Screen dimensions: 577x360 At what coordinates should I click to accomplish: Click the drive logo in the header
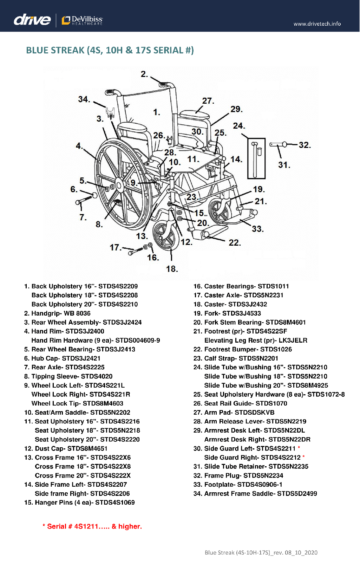point(32,20)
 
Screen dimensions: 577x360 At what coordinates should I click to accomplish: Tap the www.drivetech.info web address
point(317,24)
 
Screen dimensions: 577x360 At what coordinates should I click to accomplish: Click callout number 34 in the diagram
point(84,99)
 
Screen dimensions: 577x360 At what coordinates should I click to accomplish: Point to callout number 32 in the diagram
point(305,145)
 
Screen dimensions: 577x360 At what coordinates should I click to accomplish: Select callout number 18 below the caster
point(172,269)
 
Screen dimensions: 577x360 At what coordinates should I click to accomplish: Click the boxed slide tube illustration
point(256,158)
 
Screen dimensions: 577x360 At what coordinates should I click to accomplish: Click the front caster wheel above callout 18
point(164,235)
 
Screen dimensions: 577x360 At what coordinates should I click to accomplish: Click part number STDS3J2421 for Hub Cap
point(81,358)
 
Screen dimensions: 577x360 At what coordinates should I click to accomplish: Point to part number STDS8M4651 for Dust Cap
point(87,449)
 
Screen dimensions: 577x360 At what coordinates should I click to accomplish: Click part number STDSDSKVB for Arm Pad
point(255,413)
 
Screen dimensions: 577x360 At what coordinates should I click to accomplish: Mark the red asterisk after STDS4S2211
point(299,448)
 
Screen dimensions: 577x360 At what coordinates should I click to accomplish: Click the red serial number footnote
point(92,526)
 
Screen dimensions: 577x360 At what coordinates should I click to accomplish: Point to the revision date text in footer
point(261,553)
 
